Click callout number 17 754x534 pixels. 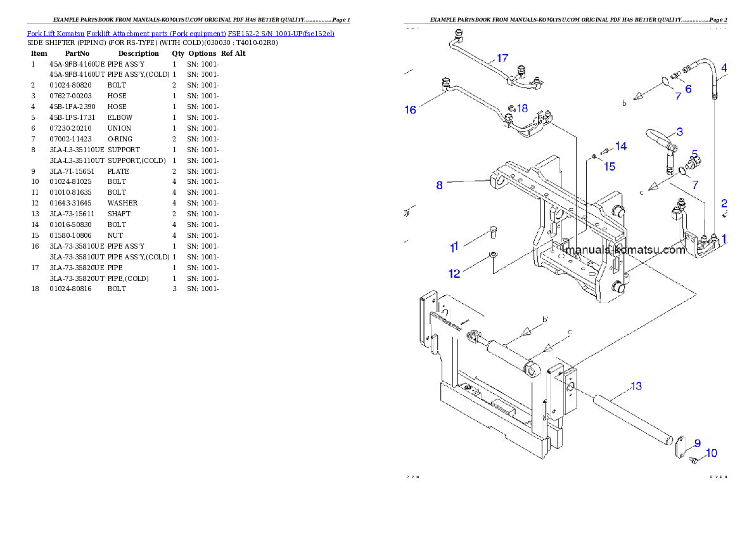coord(502,58)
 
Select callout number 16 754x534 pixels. coord(411,110)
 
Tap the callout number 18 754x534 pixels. coord(522,108)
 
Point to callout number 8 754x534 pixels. coord(439,186)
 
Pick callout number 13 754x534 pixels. coord(636,386)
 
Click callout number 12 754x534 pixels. coord(454,274)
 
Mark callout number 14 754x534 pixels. coord(620,147)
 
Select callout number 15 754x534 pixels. coord(609,167)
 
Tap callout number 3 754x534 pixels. coord(679,132)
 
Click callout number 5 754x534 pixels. coord(694,154)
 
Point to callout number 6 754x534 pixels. coord(687,89)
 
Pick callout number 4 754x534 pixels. coord(724,67)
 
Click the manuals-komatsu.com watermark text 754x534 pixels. coord(625,250)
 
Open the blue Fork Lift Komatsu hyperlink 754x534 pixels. coord(181,33)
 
